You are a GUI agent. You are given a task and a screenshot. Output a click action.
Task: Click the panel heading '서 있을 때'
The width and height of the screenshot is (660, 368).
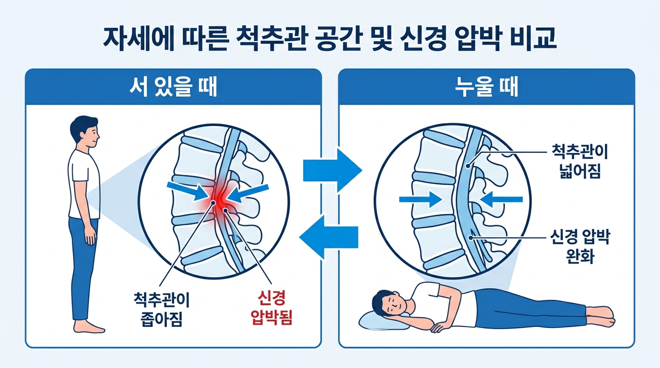point(173,87)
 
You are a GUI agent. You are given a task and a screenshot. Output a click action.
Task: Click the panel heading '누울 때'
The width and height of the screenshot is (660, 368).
point(487,87)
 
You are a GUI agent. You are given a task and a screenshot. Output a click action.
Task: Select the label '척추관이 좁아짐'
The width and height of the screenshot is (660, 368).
point(162,309)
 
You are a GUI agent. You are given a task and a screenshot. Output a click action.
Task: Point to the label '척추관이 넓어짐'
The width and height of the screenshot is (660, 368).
point(581,163)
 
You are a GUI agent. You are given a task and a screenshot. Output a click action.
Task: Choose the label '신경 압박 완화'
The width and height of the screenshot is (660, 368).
point(581,246)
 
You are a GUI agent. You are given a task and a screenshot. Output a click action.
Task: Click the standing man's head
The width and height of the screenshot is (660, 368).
point(84,132)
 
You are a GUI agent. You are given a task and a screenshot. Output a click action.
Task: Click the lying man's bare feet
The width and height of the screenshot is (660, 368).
point(602,317)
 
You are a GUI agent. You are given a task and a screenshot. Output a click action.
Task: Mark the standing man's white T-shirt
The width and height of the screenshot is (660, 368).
point(84,184)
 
